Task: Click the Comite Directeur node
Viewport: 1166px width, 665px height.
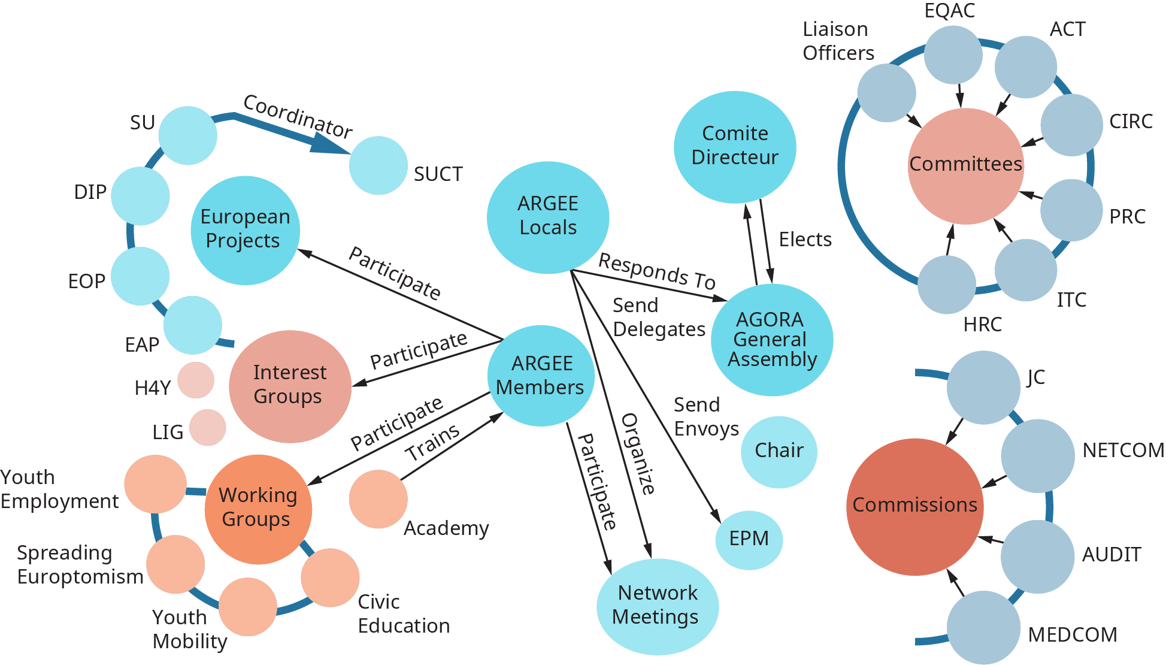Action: tap(735, 147)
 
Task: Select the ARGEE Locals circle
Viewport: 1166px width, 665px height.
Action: tap(548, 217)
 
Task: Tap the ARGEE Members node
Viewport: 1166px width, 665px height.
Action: tap(541, 376)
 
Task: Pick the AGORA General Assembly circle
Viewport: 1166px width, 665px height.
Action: tap(771, 340)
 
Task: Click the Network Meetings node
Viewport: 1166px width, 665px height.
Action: tap(657, 606)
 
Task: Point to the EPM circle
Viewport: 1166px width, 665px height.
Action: tap(749, 539)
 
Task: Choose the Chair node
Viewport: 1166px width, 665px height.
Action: tap(779, 451)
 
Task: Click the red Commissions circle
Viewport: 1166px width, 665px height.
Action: tap(914, 506)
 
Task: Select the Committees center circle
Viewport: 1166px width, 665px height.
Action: tap(965, 165)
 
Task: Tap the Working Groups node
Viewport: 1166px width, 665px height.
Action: tap(258, 509)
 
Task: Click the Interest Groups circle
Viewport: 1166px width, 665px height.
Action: tap(290, 386)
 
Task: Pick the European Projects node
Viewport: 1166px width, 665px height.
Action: tap(245, 229)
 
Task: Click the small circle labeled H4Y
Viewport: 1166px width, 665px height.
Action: tap(196, 380)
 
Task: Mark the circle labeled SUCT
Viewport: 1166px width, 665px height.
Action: tap(378, 165)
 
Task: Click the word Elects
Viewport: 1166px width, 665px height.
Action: tap(805, 240)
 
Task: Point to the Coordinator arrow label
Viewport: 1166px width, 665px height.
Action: tap(298, 116)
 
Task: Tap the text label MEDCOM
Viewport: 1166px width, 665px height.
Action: tap(1072, 635)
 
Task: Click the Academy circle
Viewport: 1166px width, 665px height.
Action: tap(378, 499)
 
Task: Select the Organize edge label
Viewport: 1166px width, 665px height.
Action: tap(638, 454)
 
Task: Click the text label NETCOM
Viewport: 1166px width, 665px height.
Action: tap(1123, 451)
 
